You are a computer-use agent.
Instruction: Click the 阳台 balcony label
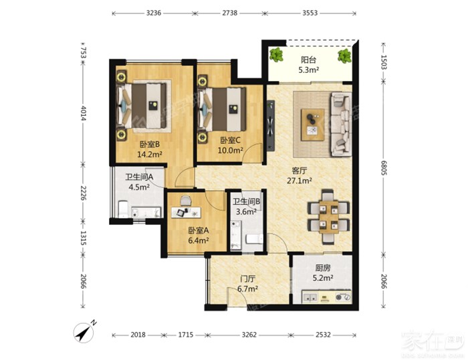click(x=308, y=60)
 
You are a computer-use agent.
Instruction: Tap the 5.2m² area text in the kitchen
click(x=323, y=278)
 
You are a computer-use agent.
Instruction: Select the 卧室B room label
click(x=150, y=145)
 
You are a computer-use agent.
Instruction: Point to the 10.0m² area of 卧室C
click(x=230, y=151)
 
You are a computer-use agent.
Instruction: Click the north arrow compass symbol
click(x=84, y=332)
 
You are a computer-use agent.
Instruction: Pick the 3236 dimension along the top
click(x=154, y=13)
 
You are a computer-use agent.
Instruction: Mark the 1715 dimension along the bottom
click(x=186, y=335)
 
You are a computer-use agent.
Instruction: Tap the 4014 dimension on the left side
click(x=84, y=114)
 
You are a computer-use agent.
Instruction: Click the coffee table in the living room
click(x=312, y=124)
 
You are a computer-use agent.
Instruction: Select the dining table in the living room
click(x=329, y=217)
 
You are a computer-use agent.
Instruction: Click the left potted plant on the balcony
click(x=276, y=55)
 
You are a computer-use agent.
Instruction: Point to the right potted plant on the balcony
click(x=344, y=56)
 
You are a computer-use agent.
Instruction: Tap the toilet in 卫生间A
click(x=123, y=209)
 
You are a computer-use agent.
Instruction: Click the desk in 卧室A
click(x=186, y=212)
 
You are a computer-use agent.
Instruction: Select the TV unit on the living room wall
click(x=271, y=126)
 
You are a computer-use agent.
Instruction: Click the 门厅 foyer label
click(x=248, y=279)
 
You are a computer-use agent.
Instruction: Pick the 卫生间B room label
click(x=246, y=201)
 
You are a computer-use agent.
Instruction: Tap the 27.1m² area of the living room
click(x=300, y=181)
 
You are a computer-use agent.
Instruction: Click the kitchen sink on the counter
click(x=310, y=298)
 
